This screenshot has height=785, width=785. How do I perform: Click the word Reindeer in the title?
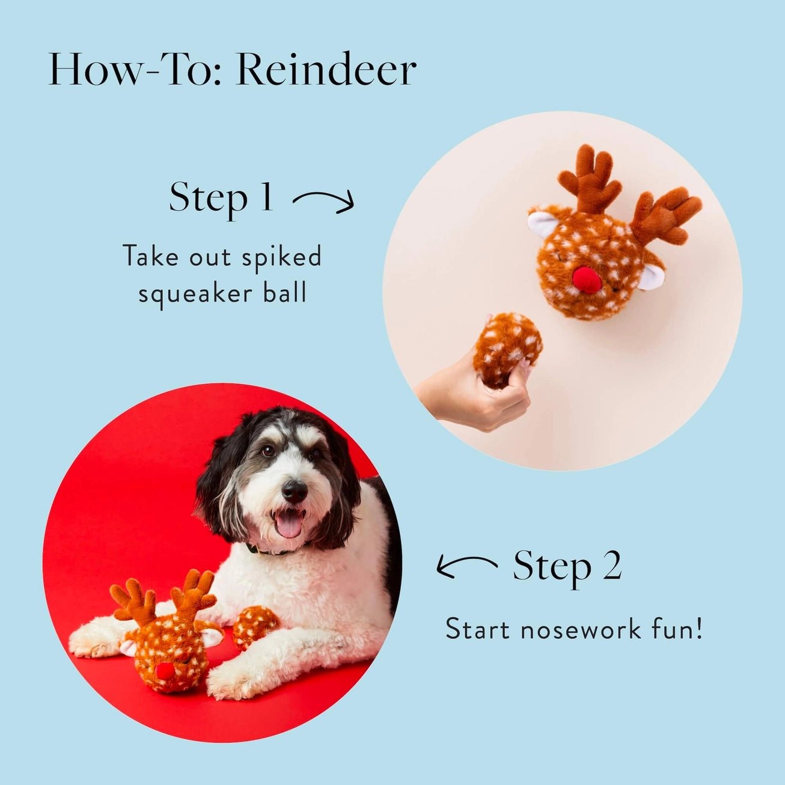pyautogui.click(x=326, y=70)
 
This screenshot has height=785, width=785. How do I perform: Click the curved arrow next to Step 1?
pyautogui.click(x=323, y=201)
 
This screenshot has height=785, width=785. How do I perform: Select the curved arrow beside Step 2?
pyautogui.click(x=466, y=566)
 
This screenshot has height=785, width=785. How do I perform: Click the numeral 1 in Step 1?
pyautogui.click(x=265, y=197)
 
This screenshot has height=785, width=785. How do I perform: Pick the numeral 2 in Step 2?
pyautogui.click(x=611, y=566)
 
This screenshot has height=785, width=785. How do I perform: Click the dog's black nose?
pyautogui.click(x=294, y=491)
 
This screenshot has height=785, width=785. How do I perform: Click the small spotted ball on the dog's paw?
pyautogui.click(x=255, y=626)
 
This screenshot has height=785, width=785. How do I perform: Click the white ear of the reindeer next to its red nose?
pyautogui.click(x=652, y=275)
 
